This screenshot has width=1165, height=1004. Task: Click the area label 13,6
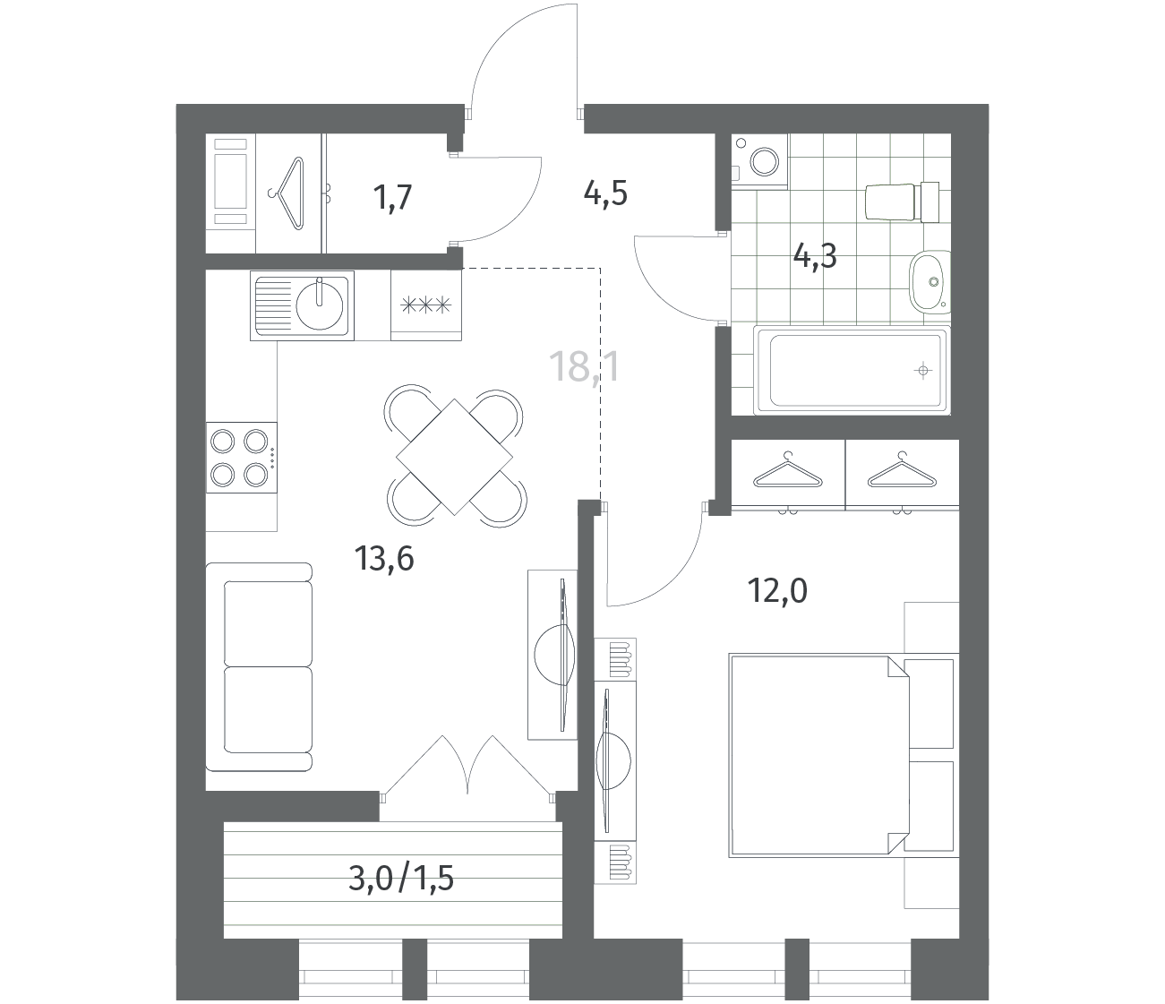[384, 559]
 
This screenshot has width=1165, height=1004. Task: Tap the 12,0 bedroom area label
[777, 591]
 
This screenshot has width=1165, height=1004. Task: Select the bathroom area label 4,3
[815, 256]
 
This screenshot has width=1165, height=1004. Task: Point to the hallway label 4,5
[605, 194]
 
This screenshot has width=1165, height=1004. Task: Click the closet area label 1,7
[392, 198]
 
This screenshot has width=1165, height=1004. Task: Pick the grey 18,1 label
[584, 366]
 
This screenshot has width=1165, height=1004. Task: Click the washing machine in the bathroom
[759, 161]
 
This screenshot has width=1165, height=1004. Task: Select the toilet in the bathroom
[902, 202]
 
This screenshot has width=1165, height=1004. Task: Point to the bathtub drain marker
[923, 371]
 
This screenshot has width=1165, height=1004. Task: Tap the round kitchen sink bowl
[319, 305]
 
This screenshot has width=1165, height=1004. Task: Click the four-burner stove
[241, 458]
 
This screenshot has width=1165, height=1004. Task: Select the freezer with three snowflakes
[426, 305]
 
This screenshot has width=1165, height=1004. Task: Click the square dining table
[455, 456]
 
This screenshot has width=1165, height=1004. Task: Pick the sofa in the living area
[259, 667]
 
